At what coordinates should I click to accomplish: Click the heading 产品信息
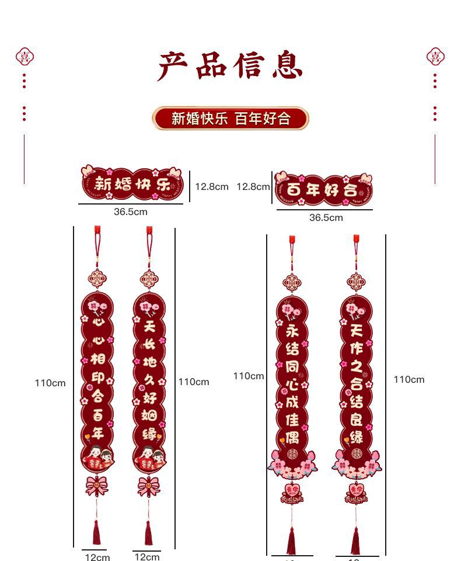pos(230,65)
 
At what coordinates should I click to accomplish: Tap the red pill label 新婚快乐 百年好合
pos(230,119)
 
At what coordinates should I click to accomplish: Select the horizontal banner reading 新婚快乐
pos(131,183)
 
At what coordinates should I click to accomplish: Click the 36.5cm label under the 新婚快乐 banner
pos(130,212)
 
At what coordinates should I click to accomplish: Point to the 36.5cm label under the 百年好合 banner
pos(326,217)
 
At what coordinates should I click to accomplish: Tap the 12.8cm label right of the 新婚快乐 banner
pos(211,186)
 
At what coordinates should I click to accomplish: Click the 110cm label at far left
pos(50,383)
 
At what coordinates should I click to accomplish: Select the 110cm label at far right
pos(408,380)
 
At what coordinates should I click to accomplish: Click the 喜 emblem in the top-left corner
pos(25,57)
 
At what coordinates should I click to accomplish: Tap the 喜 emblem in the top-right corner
pos(435,57)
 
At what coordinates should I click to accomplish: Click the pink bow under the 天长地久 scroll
pos(149,486)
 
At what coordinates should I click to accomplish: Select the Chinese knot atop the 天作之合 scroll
pos(356,282)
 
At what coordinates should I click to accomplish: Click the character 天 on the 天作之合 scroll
pos(356,331)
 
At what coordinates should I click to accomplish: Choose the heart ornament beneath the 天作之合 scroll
pos(356,491)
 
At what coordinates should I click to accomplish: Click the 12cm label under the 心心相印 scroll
pos(97,557)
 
